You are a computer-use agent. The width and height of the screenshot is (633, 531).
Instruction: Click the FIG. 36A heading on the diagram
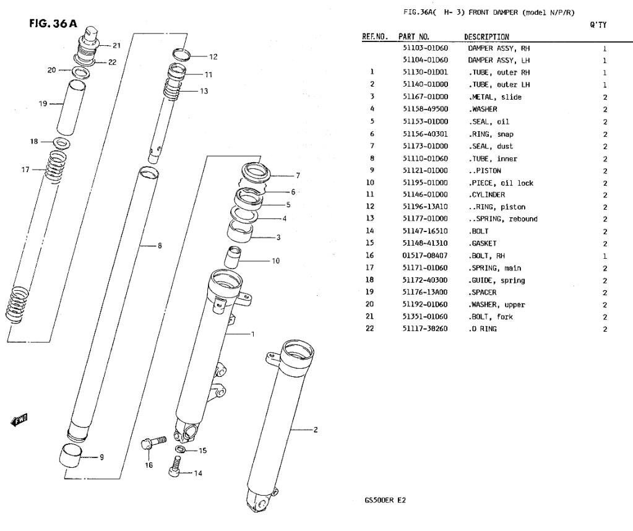[x=53, y=24]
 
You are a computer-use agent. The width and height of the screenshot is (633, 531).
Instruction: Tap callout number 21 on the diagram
[x=117, y=45]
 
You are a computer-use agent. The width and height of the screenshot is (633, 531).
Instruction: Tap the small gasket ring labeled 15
[x=179, y=449]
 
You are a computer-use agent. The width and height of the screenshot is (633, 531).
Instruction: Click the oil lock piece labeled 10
[x=233, y=256]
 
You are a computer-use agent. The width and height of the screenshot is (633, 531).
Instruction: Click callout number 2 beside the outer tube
[x=315, y=430]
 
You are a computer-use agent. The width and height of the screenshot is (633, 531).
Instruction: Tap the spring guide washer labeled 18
[x=61, y=144]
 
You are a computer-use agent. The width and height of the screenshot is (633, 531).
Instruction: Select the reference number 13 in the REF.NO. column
[x=372, y=219]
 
